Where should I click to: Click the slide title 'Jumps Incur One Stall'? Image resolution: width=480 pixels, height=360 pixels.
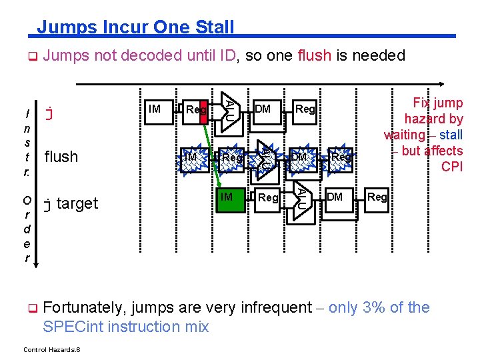(x=135, y=27)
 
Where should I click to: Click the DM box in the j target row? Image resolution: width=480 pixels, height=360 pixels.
(x=335, y=197)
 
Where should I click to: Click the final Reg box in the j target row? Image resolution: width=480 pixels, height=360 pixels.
(x=377, y=197)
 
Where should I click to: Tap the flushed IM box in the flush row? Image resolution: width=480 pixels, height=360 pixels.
(x=191, y=157)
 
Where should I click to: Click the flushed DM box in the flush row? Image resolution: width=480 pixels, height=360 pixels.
(x=299, y=157)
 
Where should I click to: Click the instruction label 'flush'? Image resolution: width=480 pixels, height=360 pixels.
(x=61, y=157)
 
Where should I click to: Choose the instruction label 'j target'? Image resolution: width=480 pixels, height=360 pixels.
(x=70, y=203)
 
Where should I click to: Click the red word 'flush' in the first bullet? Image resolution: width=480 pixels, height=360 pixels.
(x=315, y=55)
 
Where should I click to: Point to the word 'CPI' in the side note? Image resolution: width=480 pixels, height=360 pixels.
(x=451, y=167)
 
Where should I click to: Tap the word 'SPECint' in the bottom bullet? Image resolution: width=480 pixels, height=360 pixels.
(x=71, y=327)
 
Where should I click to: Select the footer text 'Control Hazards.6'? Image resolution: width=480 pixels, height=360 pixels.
(x=52, y=349)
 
